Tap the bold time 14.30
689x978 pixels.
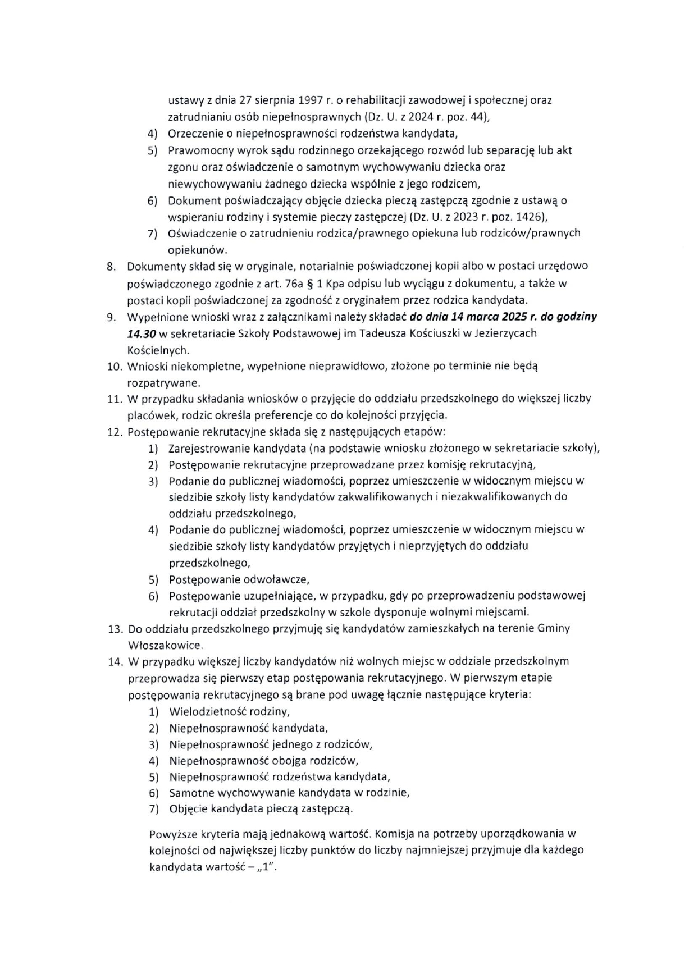tap(143, 333)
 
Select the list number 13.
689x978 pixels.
tap(115, 629)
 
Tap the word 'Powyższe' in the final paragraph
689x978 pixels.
tap(172, 834)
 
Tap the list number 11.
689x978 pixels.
tap(115, 399)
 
